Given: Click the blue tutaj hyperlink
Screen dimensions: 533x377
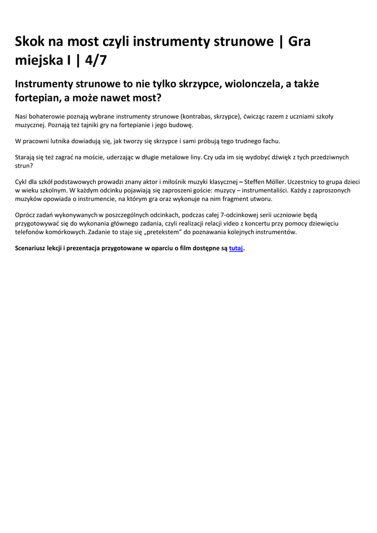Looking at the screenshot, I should [236, 248].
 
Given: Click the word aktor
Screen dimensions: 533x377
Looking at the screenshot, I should [149, 182].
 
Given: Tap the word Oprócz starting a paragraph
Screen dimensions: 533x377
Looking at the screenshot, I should [26, 214].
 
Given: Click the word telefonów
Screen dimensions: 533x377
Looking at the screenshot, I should [31, 232].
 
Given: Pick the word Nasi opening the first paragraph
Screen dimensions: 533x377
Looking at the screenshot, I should [22, 117].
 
